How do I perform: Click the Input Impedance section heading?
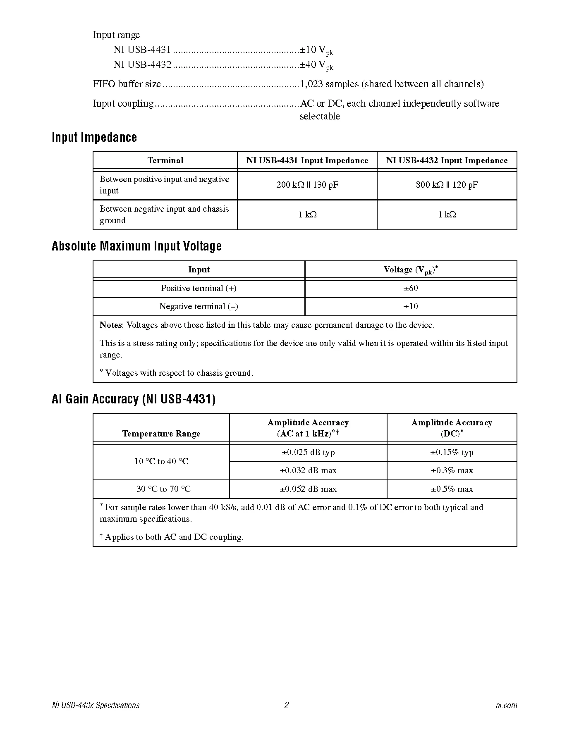[94, 138]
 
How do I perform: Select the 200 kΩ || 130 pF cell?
[307, 185]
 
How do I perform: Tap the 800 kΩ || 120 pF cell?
[447, 185]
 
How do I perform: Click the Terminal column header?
[165, 160]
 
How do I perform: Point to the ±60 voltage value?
[411, 288]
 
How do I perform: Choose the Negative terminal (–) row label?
[199, 306]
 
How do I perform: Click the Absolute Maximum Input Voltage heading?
[136, 246]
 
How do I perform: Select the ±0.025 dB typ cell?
[308, 452]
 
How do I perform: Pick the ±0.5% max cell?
[452, 489]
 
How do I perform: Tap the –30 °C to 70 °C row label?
[161, 489]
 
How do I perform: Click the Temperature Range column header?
[161, 434]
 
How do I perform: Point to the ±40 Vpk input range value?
[316, 65]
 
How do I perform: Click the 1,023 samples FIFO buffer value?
[391, 84]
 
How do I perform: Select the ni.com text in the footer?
[506, 705]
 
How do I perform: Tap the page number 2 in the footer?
[287, 705]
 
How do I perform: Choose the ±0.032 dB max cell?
[308, 470]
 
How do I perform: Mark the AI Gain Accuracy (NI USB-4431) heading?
[134, 399]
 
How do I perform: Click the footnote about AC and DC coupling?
[172, 537]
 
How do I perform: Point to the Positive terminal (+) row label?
[199, 288]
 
